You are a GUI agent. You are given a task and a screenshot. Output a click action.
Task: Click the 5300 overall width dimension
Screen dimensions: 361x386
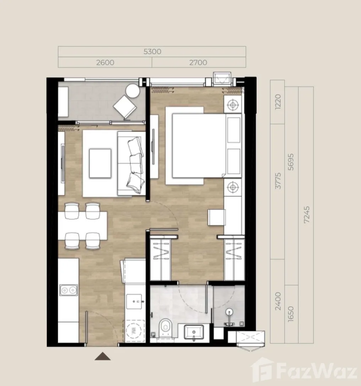[152, 52]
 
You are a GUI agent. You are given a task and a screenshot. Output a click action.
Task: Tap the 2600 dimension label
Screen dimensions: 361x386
[105, 63]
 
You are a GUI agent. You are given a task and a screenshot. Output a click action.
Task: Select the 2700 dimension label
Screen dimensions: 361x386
[198, 63]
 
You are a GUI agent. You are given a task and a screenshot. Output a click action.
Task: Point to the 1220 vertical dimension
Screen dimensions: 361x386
[278, 102]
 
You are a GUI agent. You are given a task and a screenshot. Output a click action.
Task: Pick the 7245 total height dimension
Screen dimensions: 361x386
[306, 215]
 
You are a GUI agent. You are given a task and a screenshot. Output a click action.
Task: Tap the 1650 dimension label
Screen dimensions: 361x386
[291, 313]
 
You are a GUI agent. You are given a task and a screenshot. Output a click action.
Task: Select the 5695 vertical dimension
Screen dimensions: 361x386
[291, 162]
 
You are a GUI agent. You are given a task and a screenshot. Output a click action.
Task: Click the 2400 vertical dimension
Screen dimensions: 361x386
[278, 301]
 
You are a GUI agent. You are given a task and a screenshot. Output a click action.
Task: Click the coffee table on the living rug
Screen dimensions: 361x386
[100, 163]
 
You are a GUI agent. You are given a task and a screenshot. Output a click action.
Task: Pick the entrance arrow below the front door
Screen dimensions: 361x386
[103, 356]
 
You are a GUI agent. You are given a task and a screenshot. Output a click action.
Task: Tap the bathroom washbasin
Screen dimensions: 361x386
[194, 333]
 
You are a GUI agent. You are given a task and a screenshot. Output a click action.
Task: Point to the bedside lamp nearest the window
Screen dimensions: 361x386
[233, 105]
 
